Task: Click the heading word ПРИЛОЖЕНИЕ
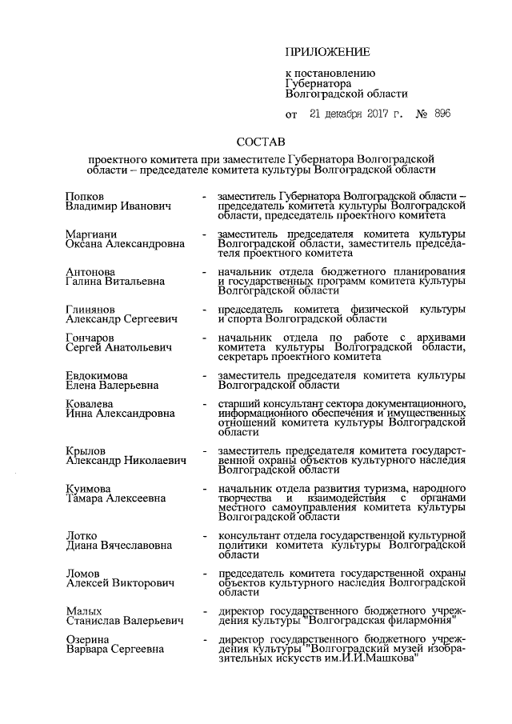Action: tap(327, 52)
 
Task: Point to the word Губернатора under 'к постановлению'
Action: tap(318, 82)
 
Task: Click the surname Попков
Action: tap(86, 196)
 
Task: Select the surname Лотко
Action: tap(82, 535)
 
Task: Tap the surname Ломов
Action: tap(83, 574)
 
